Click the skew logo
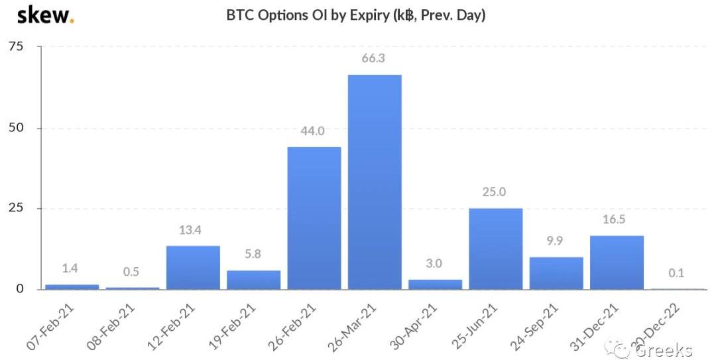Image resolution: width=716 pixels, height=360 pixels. coord(45,15)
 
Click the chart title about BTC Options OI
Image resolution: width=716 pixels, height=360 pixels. coord(356,15)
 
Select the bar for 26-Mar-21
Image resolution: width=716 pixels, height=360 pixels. coord(375,182)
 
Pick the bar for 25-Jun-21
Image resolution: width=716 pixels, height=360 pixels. coord(495,249)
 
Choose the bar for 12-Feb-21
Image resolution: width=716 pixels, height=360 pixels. coord(193,267)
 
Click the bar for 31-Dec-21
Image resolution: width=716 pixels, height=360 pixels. coord(617,263)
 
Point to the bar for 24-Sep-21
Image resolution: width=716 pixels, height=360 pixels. coord(556,273)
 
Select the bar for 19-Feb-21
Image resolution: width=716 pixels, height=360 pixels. coord(253,280)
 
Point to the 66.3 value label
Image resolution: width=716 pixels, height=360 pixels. coord(374,58)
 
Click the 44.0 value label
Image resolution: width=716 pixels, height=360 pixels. coord(314,131)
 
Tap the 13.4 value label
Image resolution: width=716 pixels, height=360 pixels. coord(192,230)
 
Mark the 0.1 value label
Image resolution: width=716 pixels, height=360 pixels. coord(676,272)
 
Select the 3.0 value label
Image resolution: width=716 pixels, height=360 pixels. coord(435,263)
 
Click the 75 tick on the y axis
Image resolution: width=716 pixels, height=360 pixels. coord(16,46)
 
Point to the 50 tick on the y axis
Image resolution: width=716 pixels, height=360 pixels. coord(16,127)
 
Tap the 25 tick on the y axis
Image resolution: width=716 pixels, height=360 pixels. coord(16,208)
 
